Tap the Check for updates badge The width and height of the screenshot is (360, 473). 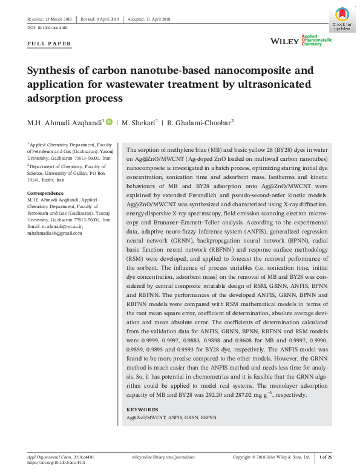click(x=340, y=19)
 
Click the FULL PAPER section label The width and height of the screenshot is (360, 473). click(x=50, y=44)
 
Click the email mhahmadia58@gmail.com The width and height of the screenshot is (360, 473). click(x=54, y=233)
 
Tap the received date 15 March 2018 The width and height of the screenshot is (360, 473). click(x=52, y=19)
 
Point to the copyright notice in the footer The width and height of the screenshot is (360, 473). click(x=272, y=457)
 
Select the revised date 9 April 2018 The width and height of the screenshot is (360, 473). click(x=100, y=19)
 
